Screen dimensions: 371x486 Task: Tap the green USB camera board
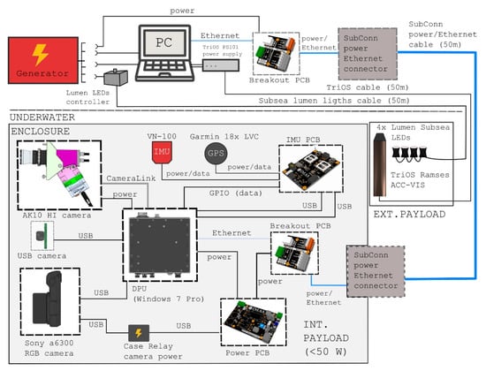[41, 236]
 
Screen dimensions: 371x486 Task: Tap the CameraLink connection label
[130, 178]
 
